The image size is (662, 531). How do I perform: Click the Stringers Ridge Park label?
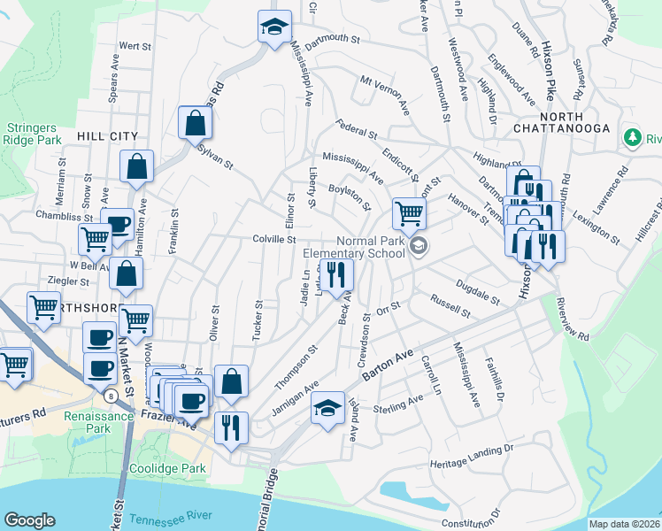coord(31,134)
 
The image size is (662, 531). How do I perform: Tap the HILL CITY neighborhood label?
coord(107,135)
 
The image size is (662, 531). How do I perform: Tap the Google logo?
coord(29,520)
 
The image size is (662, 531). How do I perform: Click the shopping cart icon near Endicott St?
coord(409,212)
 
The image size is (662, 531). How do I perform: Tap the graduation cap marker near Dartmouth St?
coord(274,26)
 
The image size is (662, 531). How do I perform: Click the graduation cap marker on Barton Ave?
coord(327,408)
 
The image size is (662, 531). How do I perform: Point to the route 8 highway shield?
coord(110,393)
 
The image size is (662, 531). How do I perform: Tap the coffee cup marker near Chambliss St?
coord(117,225)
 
